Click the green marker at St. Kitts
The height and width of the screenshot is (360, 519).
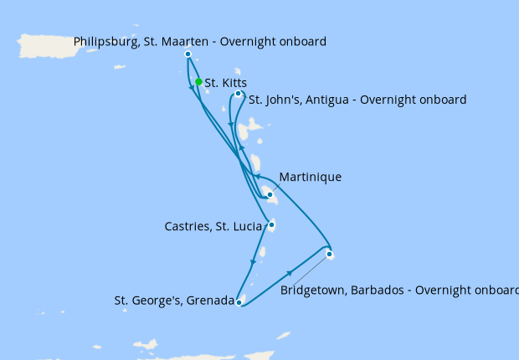(x=198, y=82)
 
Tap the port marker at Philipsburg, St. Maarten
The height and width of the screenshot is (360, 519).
(x=188, y=54)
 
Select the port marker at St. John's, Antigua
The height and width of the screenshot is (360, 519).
(x=239, y=94)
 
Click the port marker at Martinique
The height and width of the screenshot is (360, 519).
(x=270, y=194)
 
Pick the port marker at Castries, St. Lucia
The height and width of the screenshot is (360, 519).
(x=271, y=224)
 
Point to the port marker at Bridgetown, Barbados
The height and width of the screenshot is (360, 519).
(x=330, y=254)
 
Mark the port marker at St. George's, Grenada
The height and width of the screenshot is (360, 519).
(x=239, y=303)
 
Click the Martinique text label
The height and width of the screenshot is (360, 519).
(x=311, y=177)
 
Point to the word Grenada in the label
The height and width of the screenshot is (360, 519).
(x=209, y=300)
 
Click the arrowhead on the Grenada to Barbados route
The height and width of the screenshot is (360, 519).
(x=290, y=274)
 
